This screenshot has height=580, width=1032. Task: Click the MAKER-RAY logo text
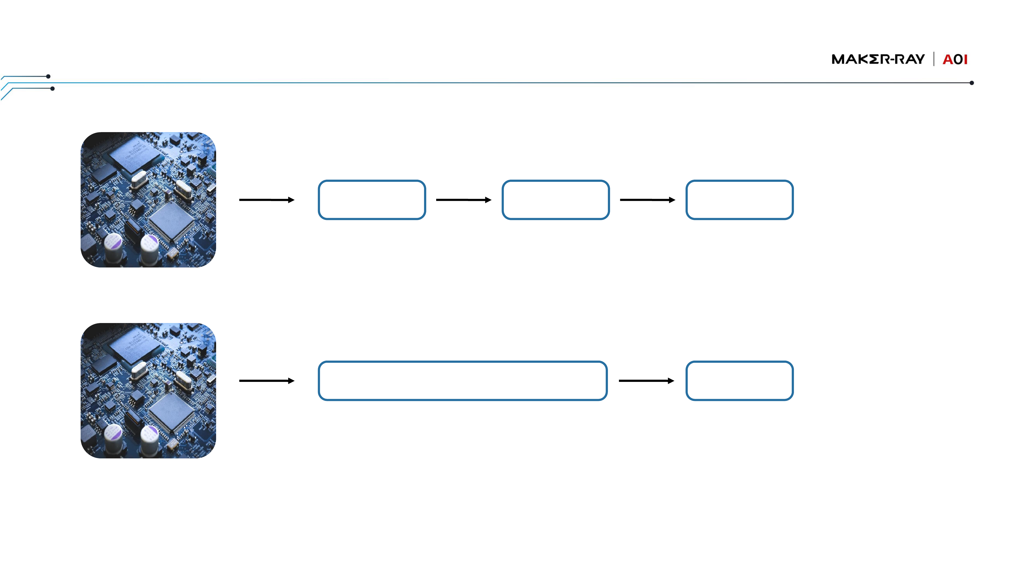click(878, 59)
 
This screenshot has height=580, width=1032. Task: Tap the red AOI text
click(955, 60)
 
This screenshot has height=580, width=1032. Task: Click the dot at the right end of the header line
click(972, 83)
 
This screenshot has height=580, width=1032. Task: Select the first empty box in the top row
click(372, 200)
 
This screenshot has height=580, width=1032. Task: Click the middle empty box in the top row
click(556, 200)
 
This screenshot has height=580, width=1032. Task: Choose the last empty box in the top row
click(740, 200)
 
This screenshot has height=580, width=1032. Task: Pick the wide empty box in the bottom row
click(463, 381)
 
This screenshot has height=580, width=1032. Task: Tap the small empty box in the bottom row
click(740, 381)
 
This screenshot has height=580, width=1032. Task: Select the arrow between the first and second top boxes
click(464, 200)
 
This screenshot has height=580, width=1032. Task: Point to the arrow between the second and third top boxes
click(647, 200)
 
